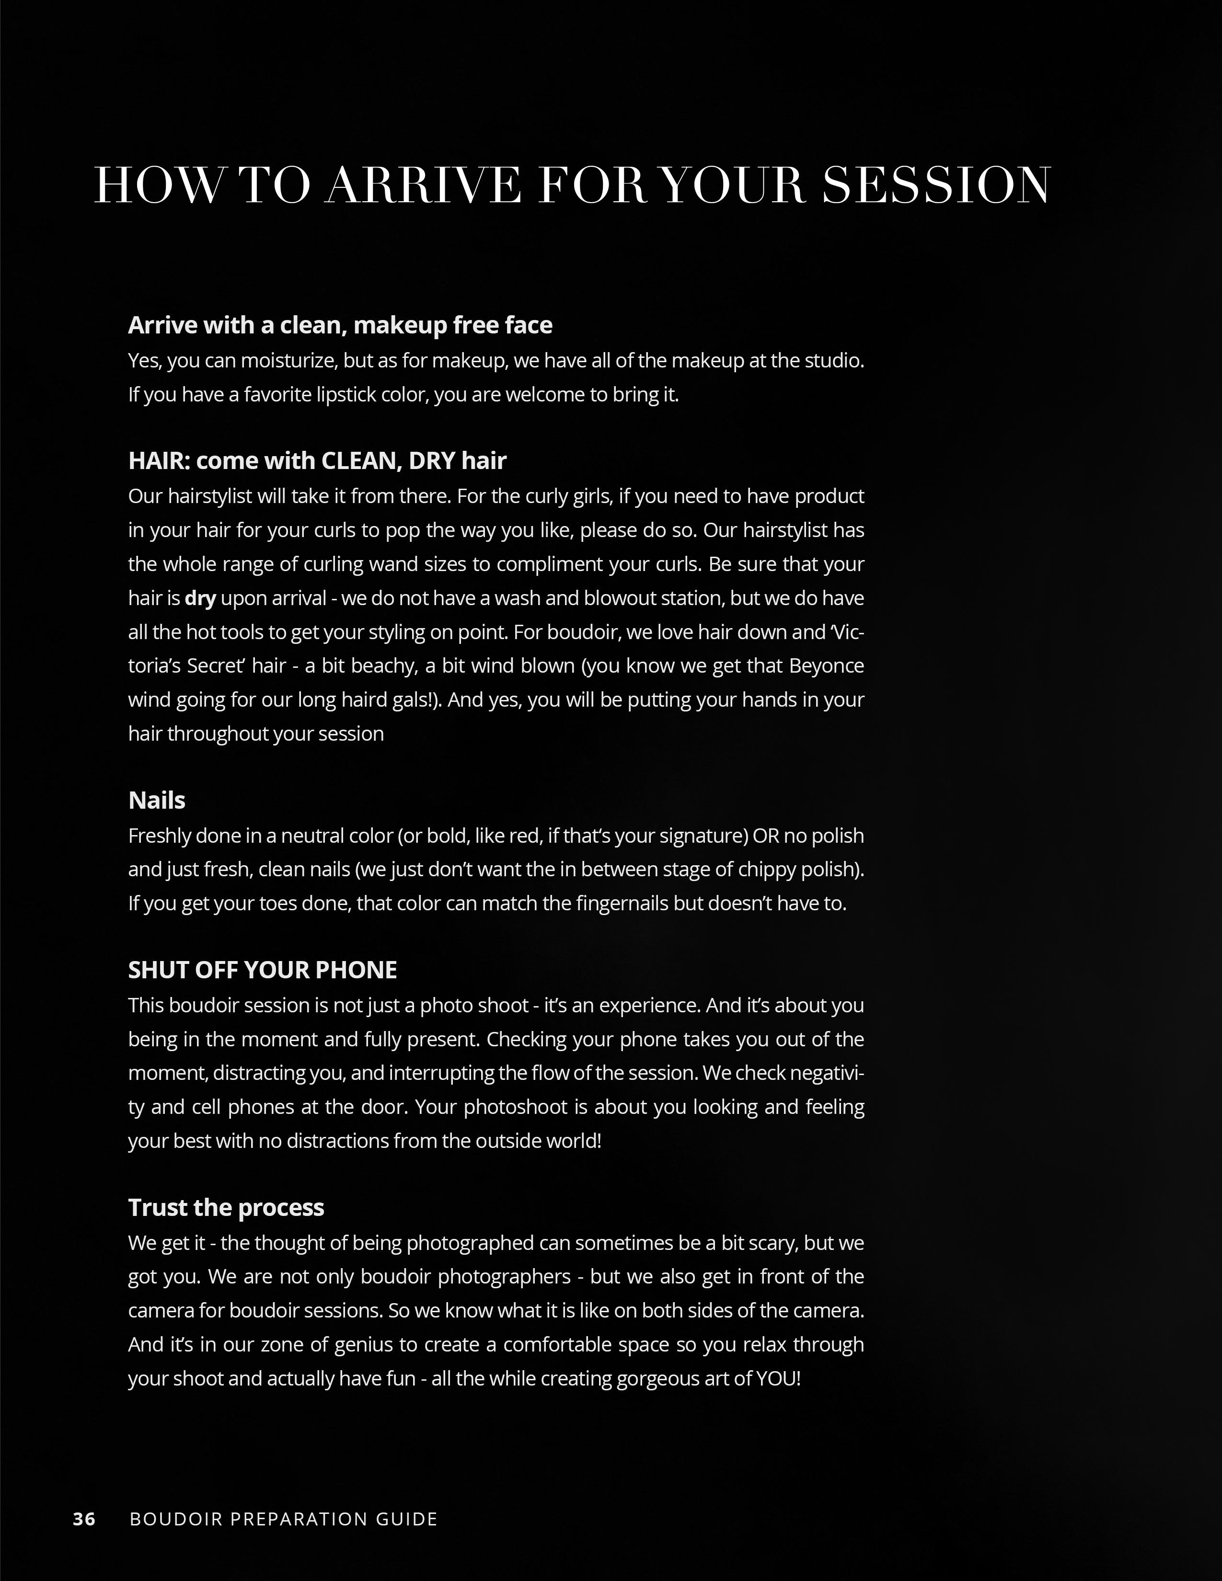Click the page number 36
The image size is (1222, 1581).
click(84, 1518)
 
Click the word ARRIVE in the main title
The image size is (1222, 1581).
click(424, 185)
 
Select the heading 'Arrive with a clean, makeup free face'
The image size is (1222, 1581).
click(340, 325)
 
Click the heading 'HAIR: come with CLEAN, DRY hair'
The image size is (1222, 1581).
click(317, 460)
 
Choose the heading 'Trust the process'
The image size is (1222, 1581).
click(226, 1207)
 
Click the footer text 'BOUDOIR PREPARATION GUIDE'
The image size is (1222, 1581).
click(283, 1518)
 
